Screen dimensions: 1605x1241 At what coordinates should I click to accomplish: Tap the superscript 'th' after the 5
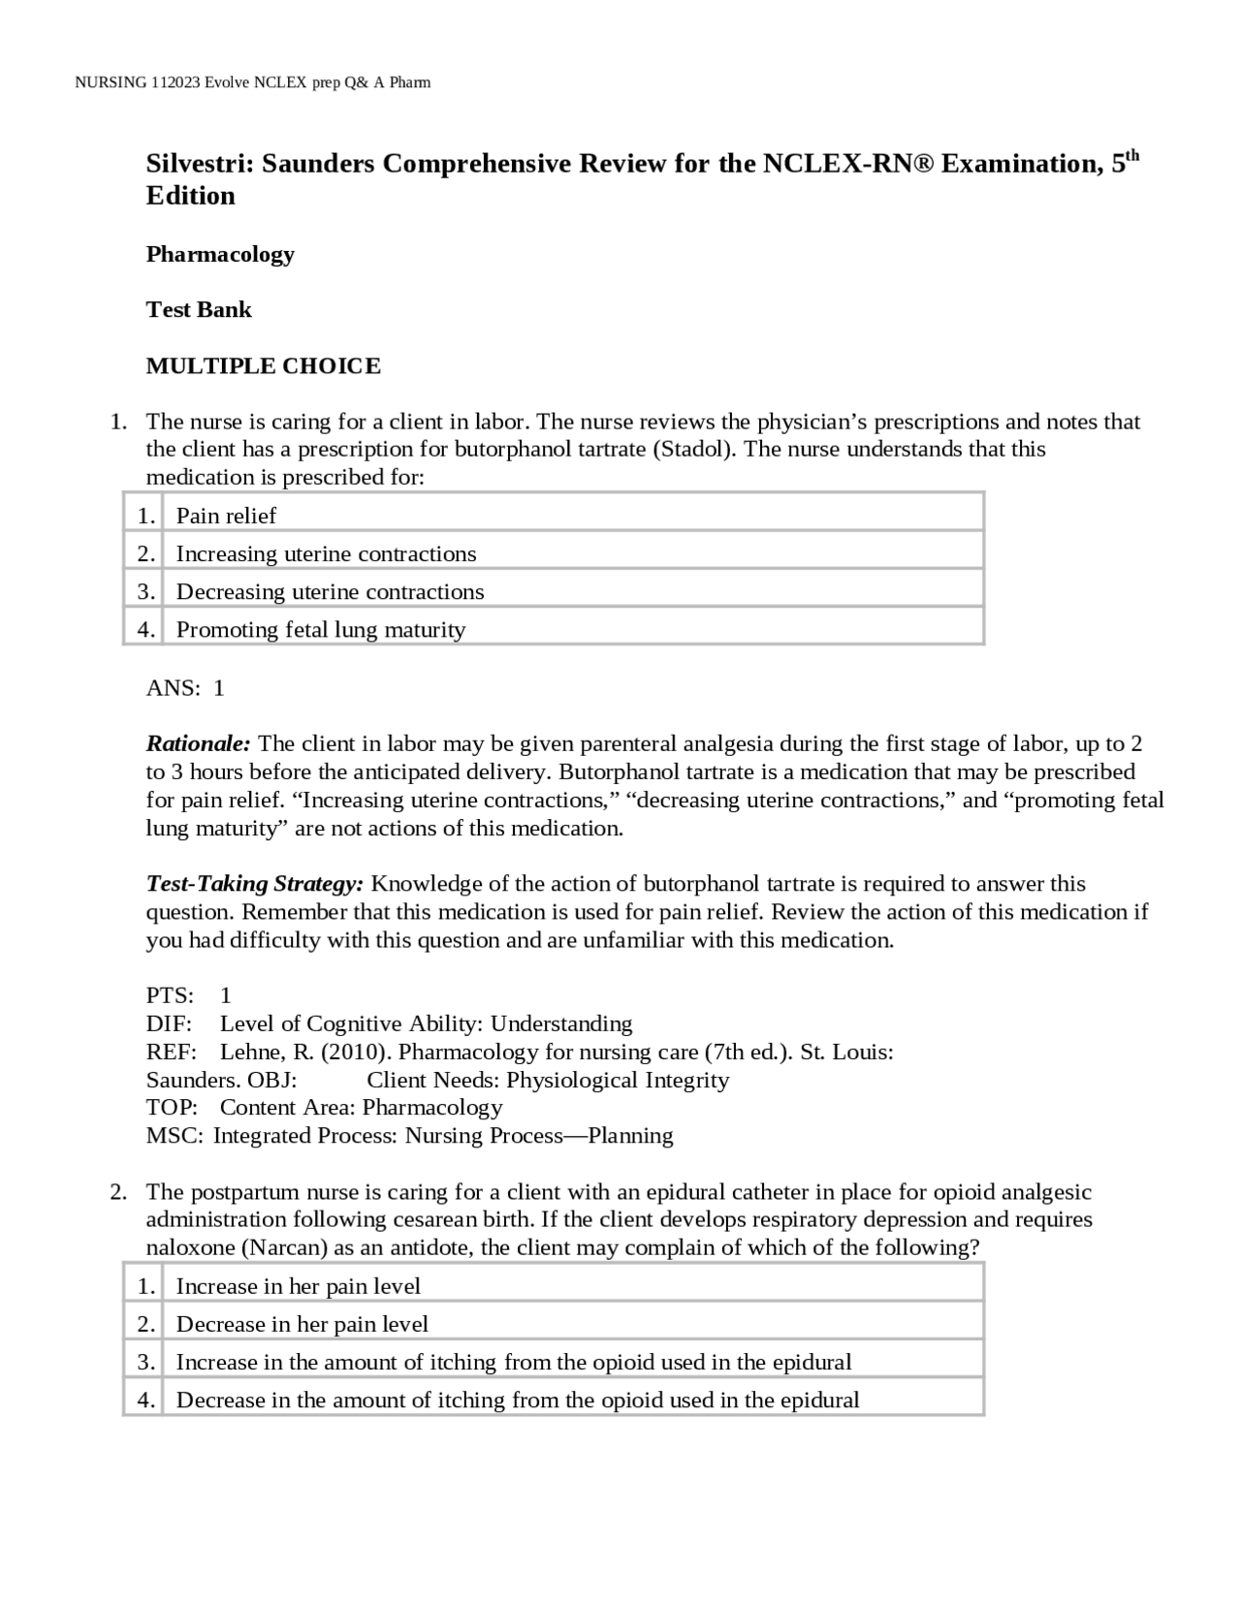point(1131,156)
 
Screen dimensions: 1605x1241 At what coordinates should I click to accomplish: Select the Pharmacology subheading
point(220,254)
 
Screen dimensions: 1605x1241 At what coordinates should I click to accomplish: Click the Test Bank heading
point(199,310)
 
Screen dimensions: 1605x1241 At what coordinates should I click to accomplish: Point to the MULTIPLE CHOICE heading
point(263,366)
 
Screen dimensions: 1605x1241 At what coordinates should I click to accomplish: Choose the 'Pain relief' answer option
point(226,516)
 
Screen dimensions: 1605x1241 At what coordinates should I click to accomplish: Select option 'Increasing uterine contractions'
point(326,553)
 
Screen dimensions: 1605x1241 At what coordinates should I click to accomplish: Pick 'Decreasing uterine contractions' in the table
point(330,591)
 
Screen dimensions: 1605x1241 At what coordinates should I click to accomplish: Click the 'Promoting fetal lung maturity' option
point(321,630)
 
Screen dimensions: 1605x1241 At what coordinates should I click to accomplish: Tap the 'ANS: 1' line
point(185,688)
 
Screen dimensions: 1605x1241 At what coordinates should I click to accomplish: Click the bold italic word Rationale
point(198,744)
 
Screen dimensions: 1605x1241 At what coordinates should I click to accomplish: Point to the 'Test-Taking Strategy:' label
point(255,884)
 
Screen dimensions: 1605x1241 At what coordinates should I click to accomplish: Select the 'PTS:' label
point(170,995)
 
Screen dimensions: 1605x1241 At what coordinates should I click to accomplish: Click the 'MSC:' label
point(175,1136)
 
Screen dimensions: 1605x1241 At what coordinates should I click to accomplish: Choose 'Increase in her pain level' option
point(298,1286)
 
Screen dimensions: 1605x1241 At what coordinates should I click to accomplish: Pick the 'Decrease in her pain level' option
point(302,1324)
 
